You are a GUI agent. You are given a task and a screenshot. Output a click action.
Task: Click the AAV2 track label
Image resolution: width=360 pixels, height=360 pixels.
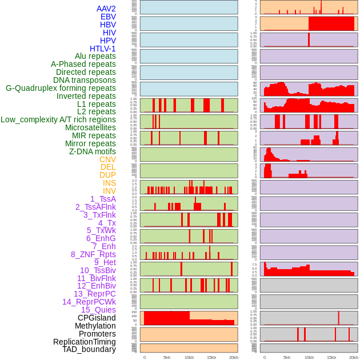(106, 9)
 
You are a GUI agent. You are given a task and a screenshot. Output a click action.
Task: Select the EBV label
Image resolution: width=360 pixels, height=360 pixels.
(108, 17)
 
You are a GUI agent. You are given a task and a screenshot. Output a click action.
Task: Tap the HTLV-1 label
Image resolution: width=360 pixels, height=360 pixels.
(103, 49)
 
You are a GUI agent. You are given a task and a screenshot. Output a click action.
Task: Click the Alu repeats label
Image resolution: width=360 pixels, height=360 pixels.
(95, 56)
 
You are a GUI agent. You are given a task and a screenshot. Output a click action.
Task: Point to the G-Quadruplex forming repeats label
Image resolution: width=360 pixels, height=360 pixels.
(61, 88)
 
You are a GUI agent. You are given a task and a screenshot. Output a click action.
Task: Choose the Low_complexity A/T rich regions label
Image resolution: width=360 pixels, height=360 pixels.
(58, 119)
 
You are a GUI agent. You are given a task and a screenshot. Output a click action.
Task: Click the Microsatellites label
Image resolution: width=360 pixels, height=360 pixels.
(90, 127)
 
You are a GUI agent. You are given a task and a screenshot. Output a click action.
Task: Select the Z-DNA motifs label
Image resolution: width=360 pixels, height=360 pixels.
(93, 151)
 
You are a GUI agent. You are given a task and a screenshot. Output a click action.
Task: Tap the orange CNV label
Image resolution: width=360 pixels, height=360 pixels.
(107, 159)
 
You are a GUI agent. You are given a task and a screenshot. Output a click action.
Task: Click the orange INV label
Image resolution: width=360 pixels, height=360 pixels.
(109, 191)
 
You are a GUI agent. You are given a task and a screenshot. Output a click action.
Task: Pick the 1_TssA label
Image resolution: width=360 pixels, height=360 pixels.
(103, 199)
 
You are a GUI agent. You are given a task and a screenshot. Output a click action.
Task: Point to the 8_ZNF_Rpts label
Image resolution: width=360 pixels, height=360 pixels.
(93, 254)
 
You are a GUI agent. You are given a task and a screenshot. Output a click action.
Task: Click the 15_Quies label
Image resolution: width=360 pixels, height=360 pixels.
(98, 310)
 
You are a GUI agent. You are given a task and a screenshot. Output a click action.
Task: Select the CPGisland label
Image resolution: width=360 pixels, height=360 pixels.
(97, 318)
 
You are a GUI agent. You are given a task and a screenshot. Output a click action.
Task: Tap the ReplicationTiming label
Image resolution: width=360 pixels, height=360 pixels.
(84, 342)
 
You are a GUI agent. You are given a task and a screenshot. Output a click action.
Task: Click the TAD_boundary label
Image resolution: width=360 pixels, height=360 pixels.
(89, 349)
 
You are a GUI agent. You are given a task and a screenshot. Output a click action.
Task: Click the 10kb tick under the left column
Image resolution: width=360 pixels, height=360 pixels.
(189, 357)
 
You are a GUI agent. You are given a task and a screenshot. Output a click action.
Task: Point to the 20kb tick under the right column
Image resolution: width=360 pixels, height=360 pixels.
(354, 357)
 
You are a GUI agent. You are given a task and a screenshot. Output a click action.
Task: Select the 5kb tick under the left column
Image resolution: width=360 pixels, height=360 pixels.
(167, 357)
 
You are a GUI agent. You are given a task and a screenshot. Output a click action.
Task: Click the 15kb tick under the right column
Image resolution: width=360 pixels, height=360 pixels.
(331, 357)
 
